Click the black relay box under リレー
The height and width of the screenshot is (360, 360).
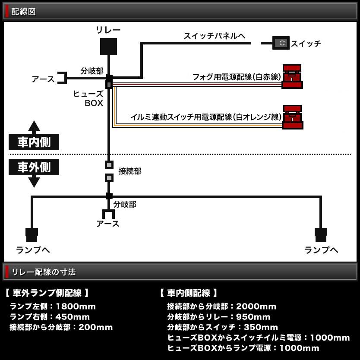coord(108,47)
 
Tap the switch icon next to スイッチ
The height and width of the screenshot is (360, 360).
coord(281,43)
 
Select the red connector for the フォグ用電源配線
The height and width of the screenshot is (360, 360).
coord(292,76)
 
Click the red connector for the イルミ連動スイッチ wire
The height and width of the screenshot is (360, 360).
coord(292,117)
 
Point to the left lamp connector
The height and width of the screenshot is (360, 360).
coord(32,234)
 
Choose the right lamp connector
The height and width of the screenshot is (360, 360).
coord(321,234)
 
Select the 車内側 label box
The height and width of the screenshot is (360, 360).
coord(34,142)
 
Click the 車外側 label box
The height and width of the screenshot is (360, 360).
coord(34,167)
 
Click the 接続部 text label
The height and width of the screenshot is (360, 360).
coord(129,171)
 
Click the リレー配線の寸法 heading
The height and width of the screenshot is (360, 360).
coord(43,272)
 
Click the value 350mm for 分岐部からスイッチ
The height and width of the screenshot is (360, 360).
coord(258,327)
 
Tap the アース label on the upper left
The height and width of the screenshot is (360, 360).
coord(43,79)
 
